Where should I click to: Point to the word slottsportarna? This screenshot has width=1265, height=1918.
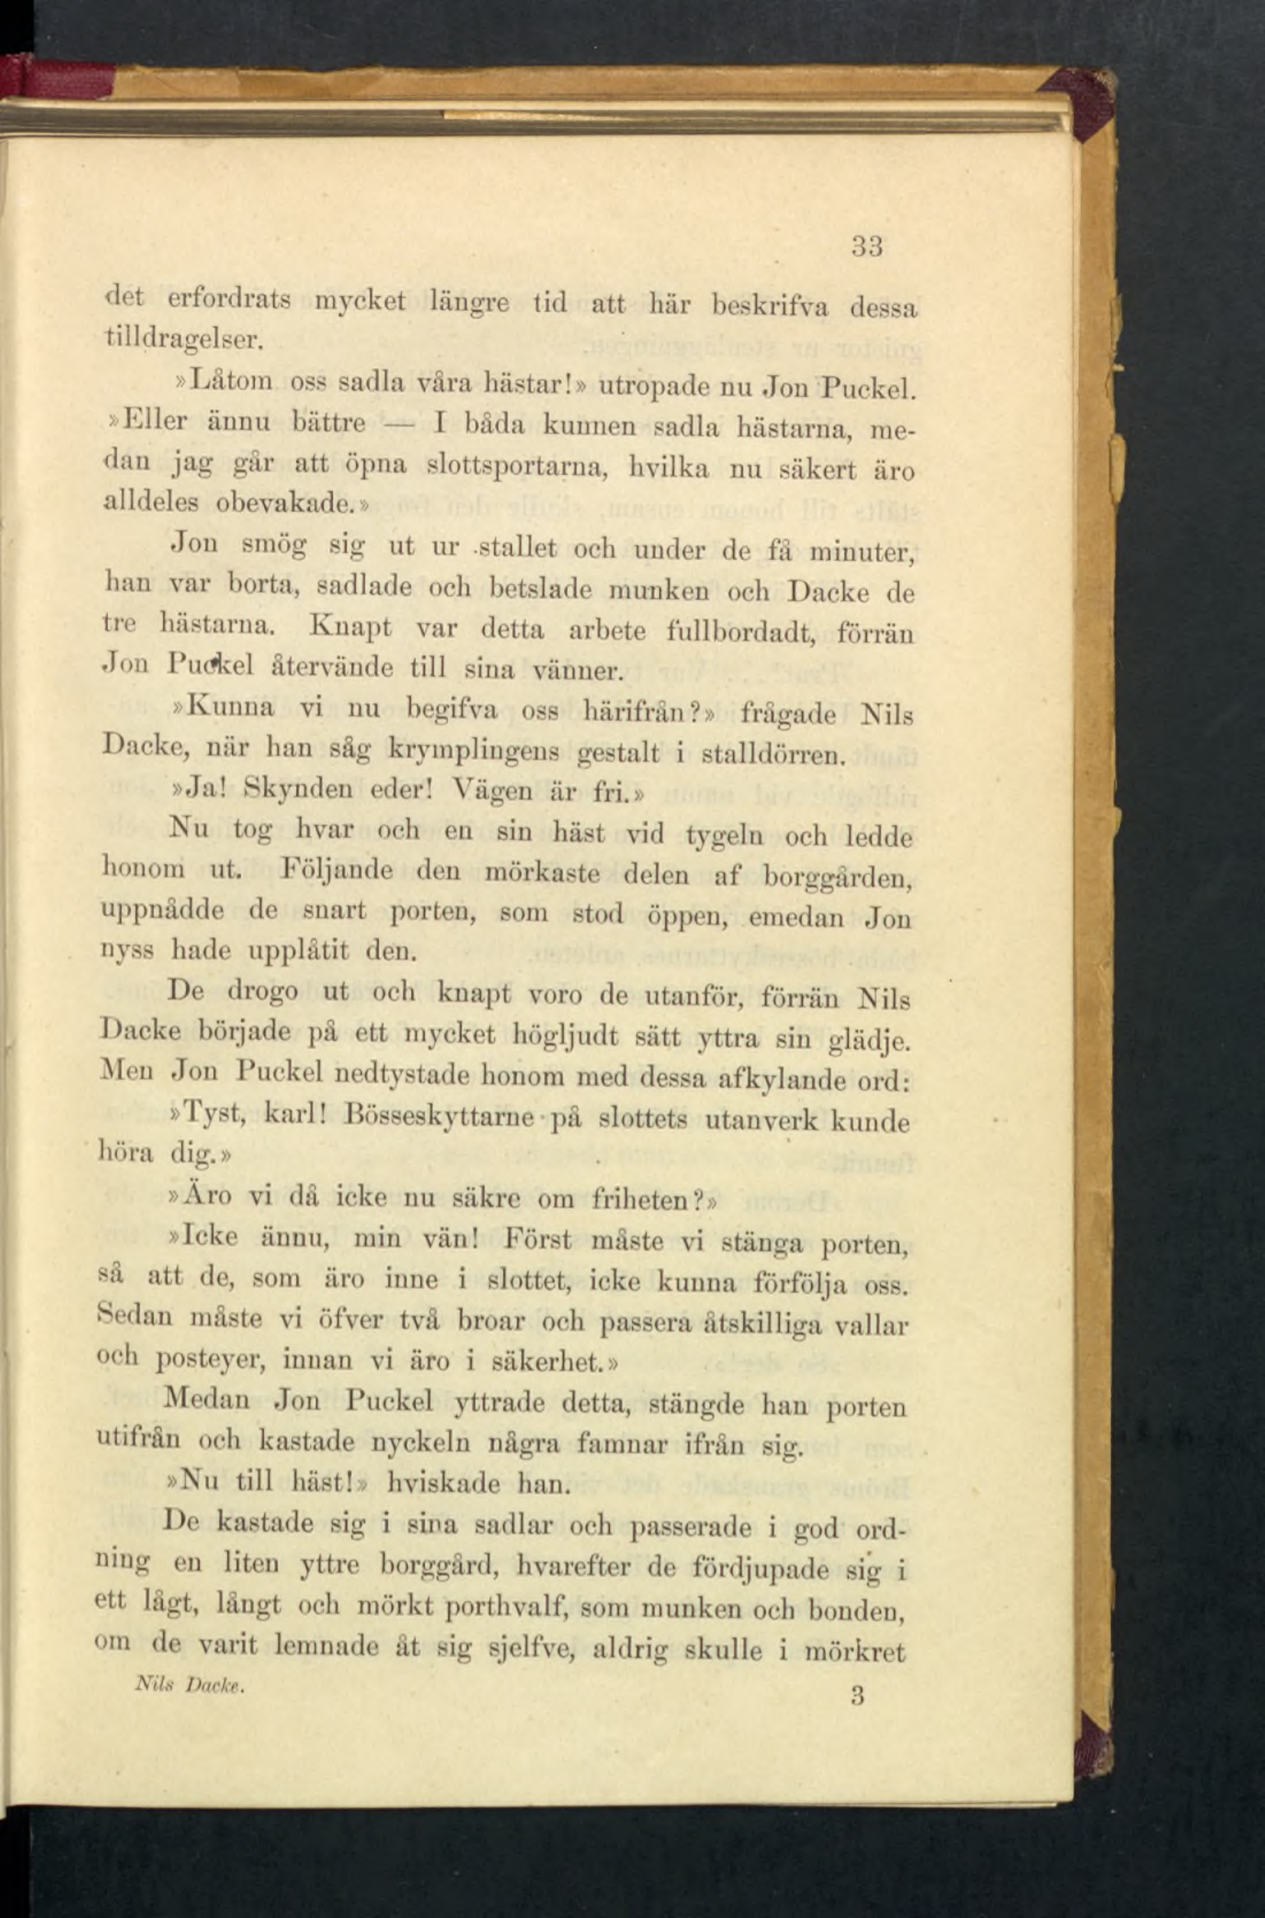click(517, 465)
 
